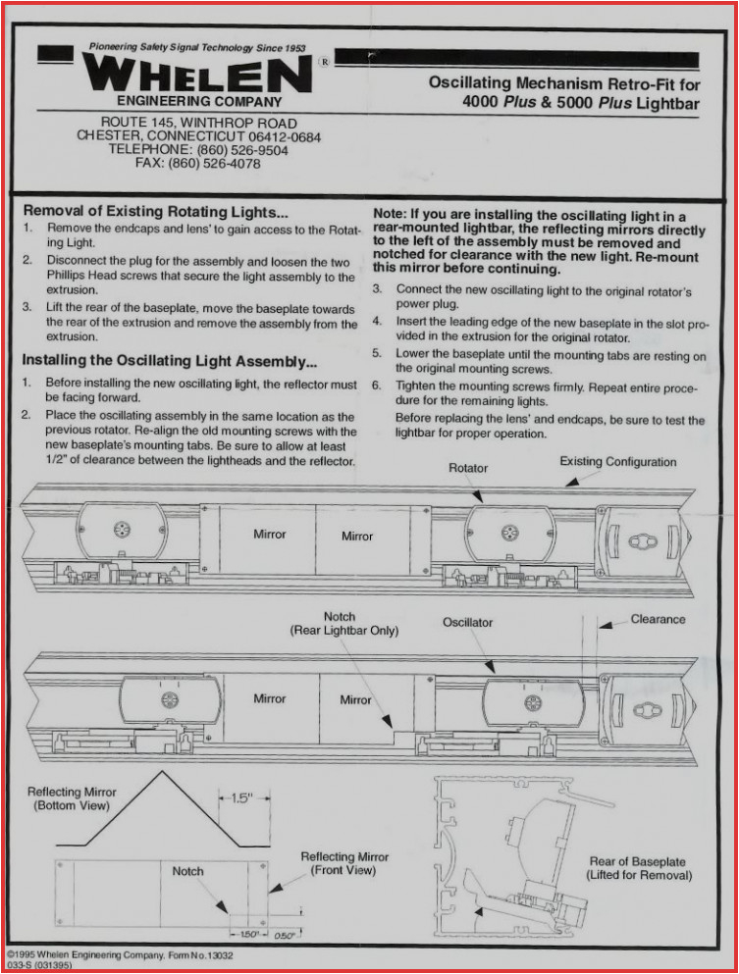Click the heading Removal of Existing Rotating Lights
pos(156,211)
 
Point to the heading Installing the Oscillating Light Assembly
pos(169,360)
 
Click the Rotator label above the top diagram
pos(467,468)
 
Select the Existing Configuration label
pos(618,462)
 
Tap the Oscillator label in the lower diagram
pos(467,622)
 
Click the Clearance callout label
pos(658,619)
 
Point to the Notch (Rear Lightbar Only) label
pos(344,624)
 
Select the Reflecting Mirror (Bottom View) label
pos(72,798)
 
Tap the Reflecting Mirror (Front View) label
pos(344,863)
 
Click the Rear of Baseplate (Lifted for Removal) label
pos(639,868)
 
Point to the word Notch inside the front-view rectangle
pos(187,871)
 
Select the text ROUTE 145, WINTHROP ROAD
pos(198,123)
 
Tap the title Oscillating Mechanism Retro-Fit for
pos(563,83)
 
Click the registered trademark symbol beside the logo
pos(324,61)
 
